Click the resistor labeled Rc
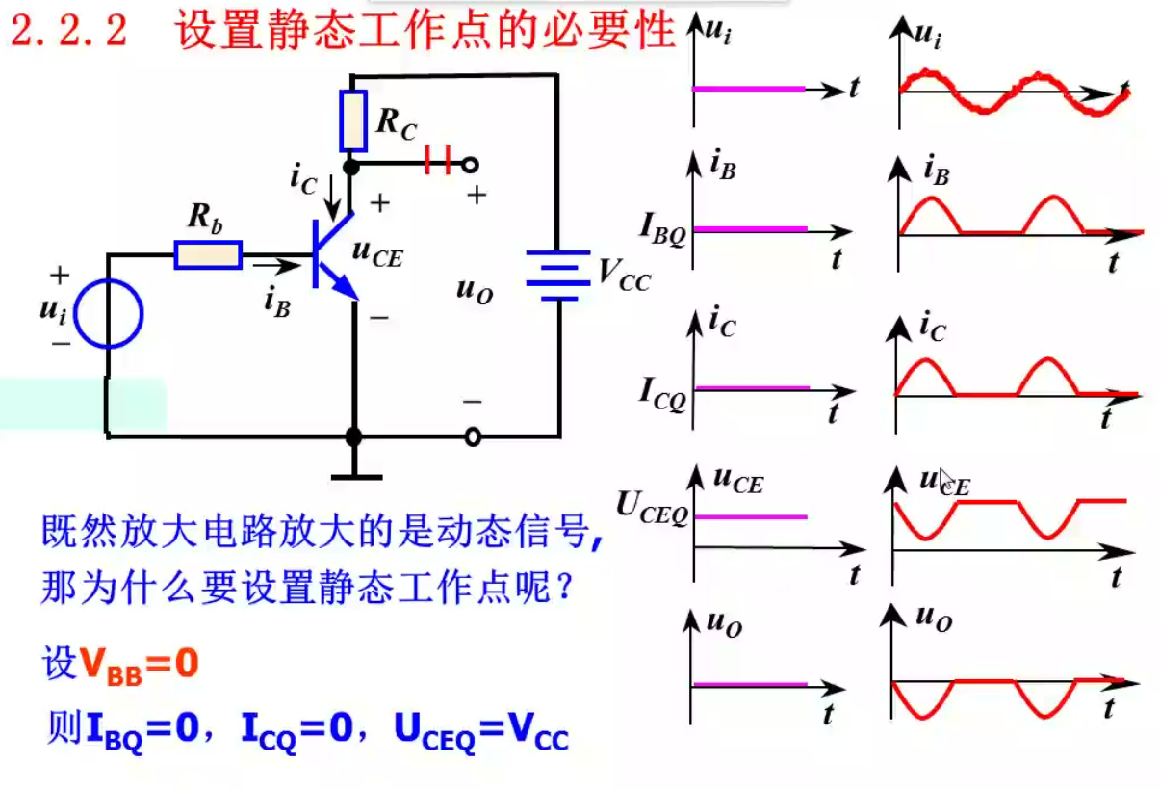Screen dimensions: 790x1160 pos(354,120)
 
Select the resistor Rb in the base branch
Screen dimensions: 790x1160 pos(208,254)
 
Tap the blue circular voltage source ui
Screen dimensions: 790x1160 pos(109,314)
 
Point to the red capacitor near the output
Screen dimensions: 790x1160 pos(438,162)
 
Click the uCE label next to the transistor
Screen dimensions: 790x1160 pos(377,252)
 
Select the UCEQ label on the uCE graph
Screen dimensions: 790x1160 pos(653,509)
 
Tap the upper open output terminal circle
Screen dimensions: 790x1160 pos(471,165)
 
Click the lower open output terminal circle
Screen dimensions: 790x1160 pos(472,437)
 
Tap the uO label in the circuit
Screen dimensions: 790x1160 pos(476,291)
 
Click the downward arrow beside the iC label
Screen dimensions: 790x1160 pos(332,195)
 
